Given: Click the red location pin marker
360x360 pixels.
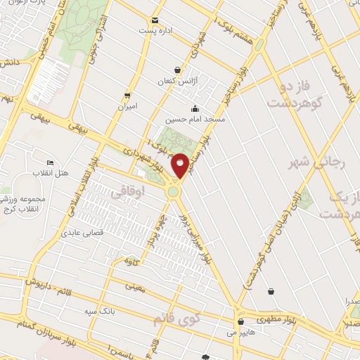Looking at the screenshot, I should tap(181, 166).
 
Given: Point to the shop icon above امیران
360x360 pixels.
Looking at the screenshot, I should tap(127, 95).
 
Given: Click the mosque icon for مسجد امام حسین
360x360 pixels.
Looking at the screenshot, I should tap(195, 108).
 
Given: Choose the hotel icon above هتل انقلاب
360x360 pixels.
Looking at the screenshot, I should tap(49, 161).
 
